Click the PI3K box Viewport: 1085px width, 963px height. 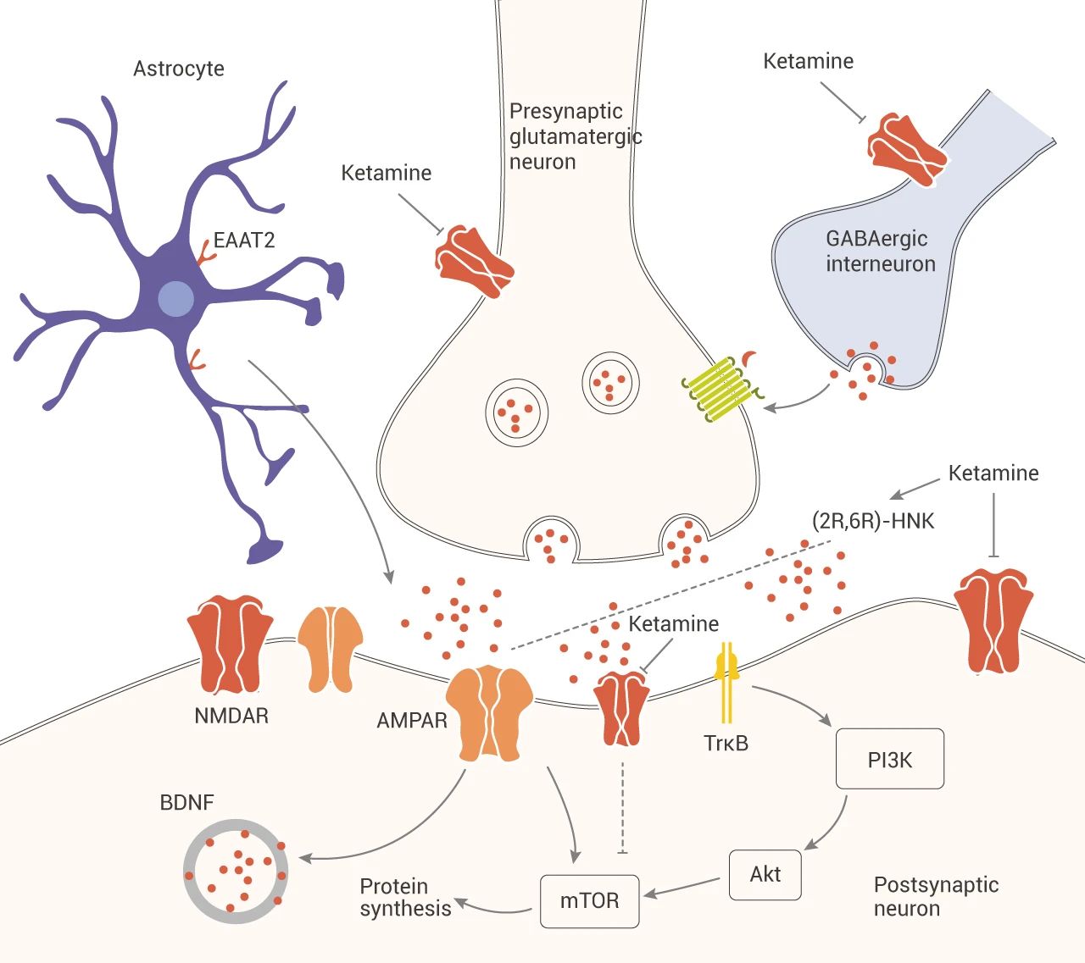889,759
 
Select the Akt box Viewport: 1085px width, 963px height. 765,874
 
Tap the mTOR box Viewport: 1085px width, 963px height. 589,900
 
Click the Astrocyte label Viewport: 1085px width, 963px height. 179,69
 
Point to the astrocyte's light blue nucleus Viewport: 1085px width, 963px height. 176,298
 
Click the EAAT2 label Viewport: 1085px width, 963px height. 244,241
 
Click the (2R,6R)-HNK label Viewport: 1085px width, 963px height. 873,520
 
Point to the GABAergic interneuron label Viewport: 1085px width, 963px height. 880,251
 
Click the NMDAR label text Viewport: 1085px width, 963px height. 231,716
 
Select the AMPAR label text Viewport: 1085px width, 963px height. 412,721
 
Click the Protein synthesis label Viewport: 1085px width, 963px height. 405,898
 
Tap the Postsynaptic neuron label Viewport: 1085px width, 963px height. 936,896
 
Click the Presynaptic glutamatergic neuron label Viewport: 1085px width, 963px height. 575,136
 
